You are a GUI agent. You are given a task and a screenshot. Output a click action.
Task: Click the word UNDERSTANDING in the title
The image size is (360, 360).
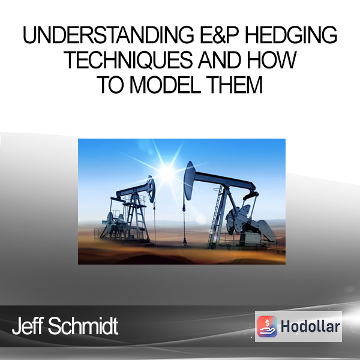(x=108, y=35)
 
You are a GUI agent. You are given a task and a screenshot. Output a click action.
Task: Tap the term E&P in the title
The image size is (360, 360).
(x=220, y=35)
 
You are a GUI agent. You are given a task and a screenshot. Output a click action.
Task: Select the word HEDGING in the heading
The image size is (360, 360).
(x=291, y=35)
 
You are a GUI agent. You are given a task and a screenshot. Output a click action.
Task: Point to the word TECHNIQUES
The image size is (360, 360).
(x=128, y=60)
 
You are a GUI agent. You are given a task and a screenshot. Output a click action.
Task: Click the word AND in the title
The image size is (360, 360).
(x=220, y=60)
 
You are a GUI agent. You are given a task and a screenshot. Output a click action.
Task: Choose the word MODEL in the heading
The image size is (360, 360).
(x=166, y=85)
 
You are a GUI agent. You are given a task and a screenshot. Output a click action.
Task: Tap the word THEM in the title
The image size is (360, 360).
(x=234, y=85)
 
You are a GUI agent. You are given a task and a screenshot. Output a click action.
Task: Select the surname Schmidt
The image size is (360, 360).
(x=83, y=326)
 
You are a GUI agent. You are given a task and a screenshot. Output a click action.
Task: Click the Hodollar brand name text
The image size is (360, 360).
(x=310, y=326)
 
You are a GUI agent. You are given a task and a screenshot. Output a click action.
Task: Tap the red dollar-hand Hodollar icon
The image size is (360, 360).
(x=267, y=326)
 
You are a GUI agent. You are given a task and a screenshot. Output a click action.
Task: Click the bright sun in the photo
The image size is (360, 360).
(x=167, y=171)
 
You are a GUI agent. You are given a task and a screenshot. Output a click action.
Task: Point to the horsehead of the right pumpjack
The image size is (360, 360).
(x=190, y=181)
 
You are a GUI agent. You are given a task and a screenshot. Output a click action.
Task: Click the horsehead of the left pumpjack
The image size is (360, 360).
(x=151, y=189)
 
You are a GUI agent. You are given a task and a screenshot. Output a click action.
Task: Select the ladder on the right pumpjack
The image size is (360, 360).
(x=216, y=217)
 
